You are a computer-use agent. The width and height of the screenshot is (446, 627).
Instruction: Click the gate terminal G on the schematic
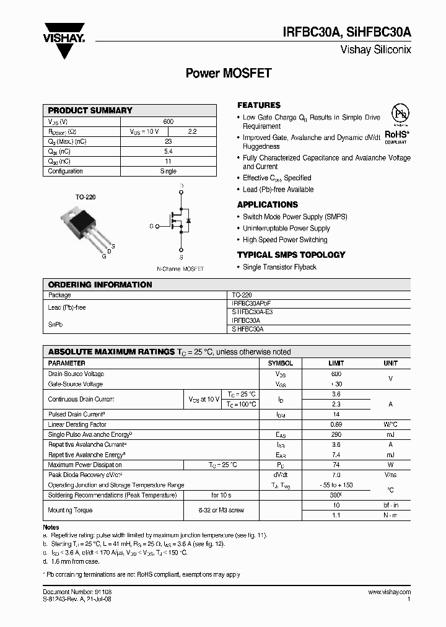[152, 226]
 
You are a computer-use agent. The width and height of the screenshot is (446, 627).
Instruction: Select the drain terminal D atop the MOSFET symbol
[181, 186]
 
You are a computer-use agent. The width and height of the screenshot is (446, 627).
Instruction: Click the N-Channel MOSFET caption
[180, 269]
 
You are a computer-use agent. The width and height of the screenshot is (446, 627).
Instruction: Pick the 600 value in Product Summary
[168, 121]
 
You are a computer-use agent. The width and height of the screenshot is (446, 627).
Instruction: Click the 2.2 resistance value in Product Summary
[191, 132]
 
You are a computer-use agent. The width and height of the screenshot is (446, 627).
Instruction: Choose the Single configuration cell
[168, 172]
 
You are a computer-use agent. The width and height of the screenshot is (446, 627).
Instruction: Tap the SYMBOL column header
[280, 363]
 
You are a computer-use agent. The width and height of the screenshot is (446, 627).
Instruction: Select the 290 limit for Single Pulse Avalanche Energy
[336, 435]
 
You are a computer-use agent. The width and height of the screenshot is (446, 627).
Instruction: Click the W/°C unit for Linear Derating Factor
[390, 425]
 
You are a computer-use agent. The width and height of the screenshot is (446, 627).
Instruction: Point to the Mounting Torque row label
[70, 511]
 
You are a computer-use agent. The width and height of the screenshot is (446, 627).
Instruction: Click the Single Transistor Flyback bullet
[279, 267]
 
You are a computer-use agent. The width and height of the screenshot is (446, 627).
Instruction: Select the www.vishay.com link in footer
[389, 593]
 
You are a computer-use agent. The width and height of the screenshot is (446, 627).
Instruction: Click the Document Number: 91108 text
[77, 593]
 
